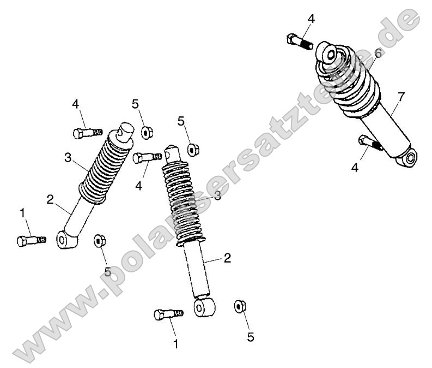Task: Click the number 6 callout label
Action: (378, 53)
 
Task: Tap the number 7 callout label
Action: (401, 97)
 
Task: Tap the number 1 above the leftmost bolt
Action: (23, 213)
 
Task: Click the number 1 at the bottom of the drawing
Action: (175, 344)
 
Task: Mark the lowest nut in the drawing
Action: (239, 306)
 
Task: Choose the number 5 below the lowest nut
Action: (250, 337)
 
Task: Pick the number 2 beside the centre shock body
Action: (227, 257)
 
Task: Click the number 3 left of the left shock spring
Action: (68, 158)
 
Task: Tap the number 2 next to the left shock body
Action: (50, 200)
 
